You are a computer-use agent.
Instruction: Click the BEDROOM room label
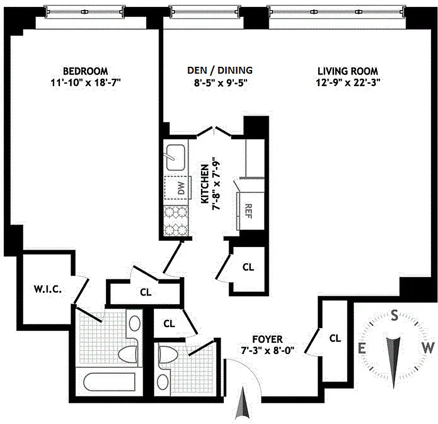85,70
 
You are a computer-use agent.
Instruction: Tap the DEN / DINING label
220,70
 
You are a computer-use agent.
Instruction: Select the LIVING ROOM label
347,70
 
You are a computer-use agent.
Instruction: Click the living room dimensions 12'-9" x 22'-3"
348,82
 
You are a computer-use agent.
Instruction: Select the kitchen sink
174,155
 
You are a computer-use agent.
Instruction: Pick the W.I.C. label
47,289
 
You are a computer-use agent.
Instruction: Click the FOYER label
267,339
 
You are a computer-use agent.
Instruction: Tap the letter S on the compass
395,316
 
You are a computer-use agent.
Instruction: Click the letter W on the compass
429,348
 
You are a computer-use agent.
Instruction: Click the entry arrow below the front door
243,406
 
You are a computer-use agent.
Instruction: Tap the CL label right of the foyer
335,338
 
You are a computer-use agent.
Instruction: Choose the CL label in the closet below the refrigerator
248,267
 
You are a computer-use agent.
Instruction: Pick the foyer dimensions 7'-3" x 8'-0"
267,350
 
